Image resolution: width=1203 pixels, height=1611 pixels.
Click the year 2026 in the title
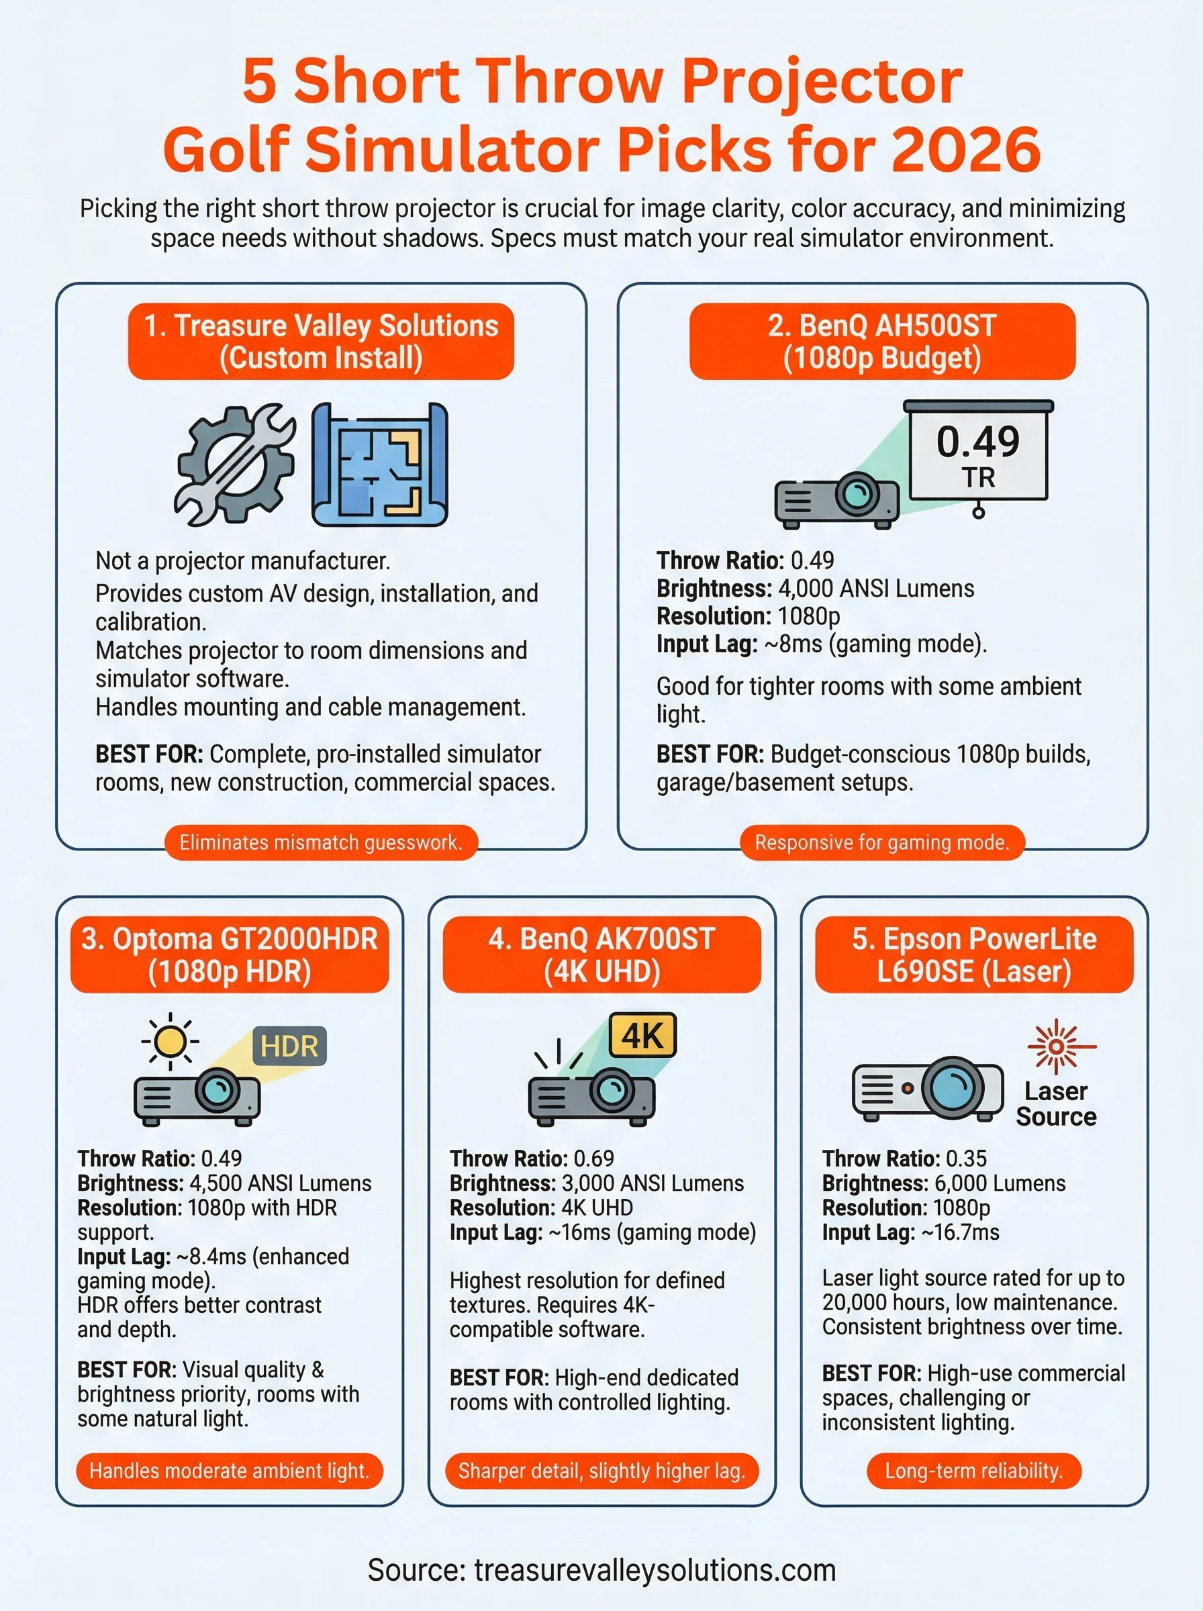tap(965, 149)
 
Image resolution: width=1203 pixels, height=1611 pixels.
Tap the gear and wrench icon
tap(234, 465)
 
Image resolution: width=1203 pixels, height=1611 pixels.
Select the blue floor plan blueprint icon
tap(379, 465)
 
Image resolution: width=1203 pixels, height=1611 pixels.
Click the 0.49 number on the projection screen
tap(977, 442)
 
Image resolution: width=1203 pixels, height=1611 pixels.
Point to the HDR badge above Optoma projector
tap(289, 1047)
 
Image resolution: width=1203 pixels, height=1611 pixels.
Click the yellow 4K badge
tap(642, 1034)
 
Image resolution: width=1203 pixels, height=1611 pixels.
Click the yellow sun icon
tap(171, 1042)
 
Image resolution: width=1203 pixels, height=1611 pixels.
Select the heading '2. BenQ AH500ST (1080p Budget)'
tap(882, 342)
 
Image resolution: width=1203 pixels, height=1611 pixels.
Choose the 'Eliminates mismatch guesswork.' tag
tap(321, 842)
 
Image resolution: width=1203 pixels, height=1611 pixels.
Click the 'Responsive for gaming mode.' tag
tap(882, 842)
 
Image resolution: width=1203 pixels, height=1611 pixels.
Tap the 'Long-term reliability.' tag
tap(973, 1471)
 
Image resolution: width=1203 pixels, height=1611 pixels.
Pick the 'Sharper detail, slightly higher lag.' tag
tap(601, 1471)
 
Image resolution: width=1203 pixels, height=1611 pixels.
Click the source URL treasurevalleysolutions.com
tap(655, 1570)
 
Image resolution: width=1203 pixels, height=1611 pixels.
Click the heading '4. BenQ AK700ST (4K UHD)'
tap(601, 955)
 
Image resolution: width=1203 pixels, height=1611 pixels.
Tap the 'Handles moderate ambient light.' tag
tap(230, 1471)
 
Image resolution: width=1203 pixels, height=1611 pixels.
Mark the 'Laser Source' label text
tap(1056, 1104)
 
